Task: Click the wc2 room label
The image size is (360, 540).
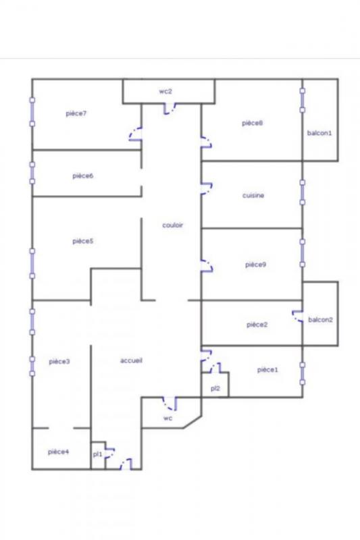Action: pos(165,92)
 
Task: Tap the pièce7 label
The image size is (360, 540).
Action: pos(76,113)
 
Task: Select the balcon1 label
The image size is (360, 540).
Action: pos(319,133)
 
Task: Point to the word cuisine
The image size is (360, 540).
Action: pos(253,195)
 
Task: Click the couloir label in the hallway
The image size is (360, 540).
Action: pos(173,225)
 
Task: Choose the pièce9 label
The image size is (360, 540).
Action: pos(255,265)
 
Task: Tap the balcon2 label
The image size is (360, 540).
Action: pos(320,319)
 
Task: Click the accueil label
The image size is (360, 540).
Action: pos(131,360)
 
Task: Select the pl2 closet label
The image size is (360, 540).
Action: pos(215,389)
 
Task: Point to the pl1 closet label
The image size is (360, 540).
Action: pos(97,454)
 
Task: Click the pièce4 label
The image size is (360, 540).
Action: pos(58,452)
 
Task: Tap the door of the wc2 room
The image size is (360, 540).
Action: pos(170,109)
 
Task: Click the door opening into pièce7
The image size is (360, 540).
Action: pos(135,134)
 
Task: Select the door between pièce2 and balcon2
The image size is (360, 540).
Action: pos(298,317)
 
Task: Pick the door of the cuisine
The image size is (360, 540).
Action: pos(207,189)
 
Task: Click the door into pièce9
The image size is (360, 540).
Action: pos(207,266)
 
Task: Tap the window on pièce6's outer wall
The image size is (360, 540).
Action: pos(32,173)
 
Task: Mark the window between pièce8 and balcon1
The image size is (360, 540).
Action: pos(303,100)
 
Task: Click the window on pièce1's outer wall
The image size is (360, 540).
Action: pos(303,373)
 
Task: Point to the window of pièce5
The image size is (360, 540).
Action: pos(32,263)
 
